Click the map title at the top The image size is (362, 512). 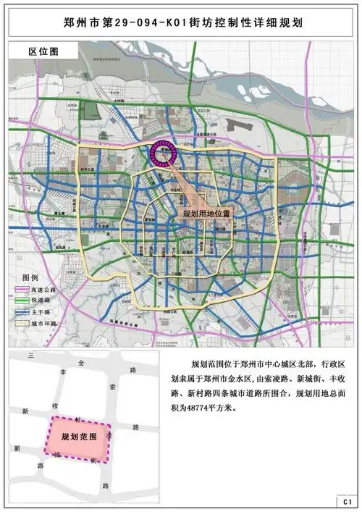(x=180, y=23)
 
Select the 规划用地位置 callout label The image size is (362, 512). (x=206, y=215)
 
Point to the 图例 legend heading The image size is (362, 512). (x=30, y=278)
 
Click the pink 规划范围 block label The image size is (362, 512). (x=79, y=438)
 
